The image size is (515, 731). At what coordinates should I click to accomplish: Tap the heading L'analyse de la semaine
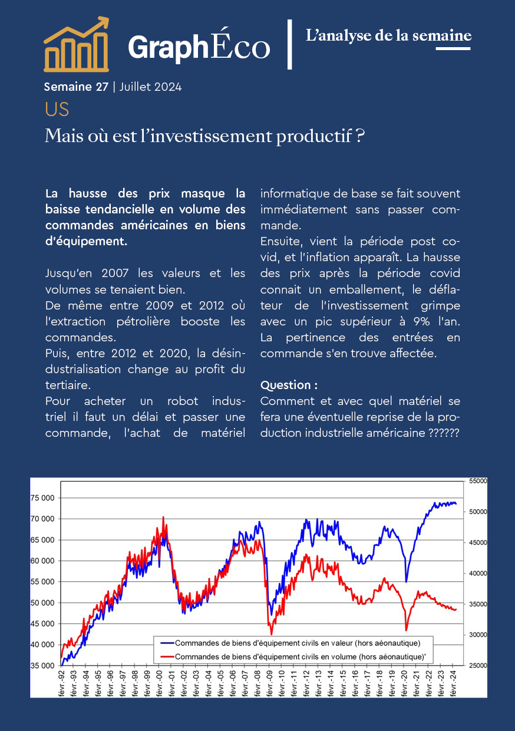pyautogui.click(x=389, y=35)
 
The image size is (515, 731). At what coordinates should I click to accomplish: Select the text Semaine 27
pyautogui.click(x=76, y=87)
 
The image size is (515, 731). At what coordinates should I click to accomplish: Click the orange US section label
pyautogui.click(x=57, y=110)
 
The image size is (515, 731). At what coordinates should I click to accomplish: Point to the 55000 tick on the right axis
pyautogui.click(x=478, y=481)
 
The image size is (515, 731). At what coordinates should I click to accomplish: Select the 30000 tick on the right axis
pyautogui.click(x=478, y=635)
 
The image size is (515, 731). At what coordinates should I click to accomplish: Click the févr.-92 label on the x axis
pyautogui.click(x=62, y=681)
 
